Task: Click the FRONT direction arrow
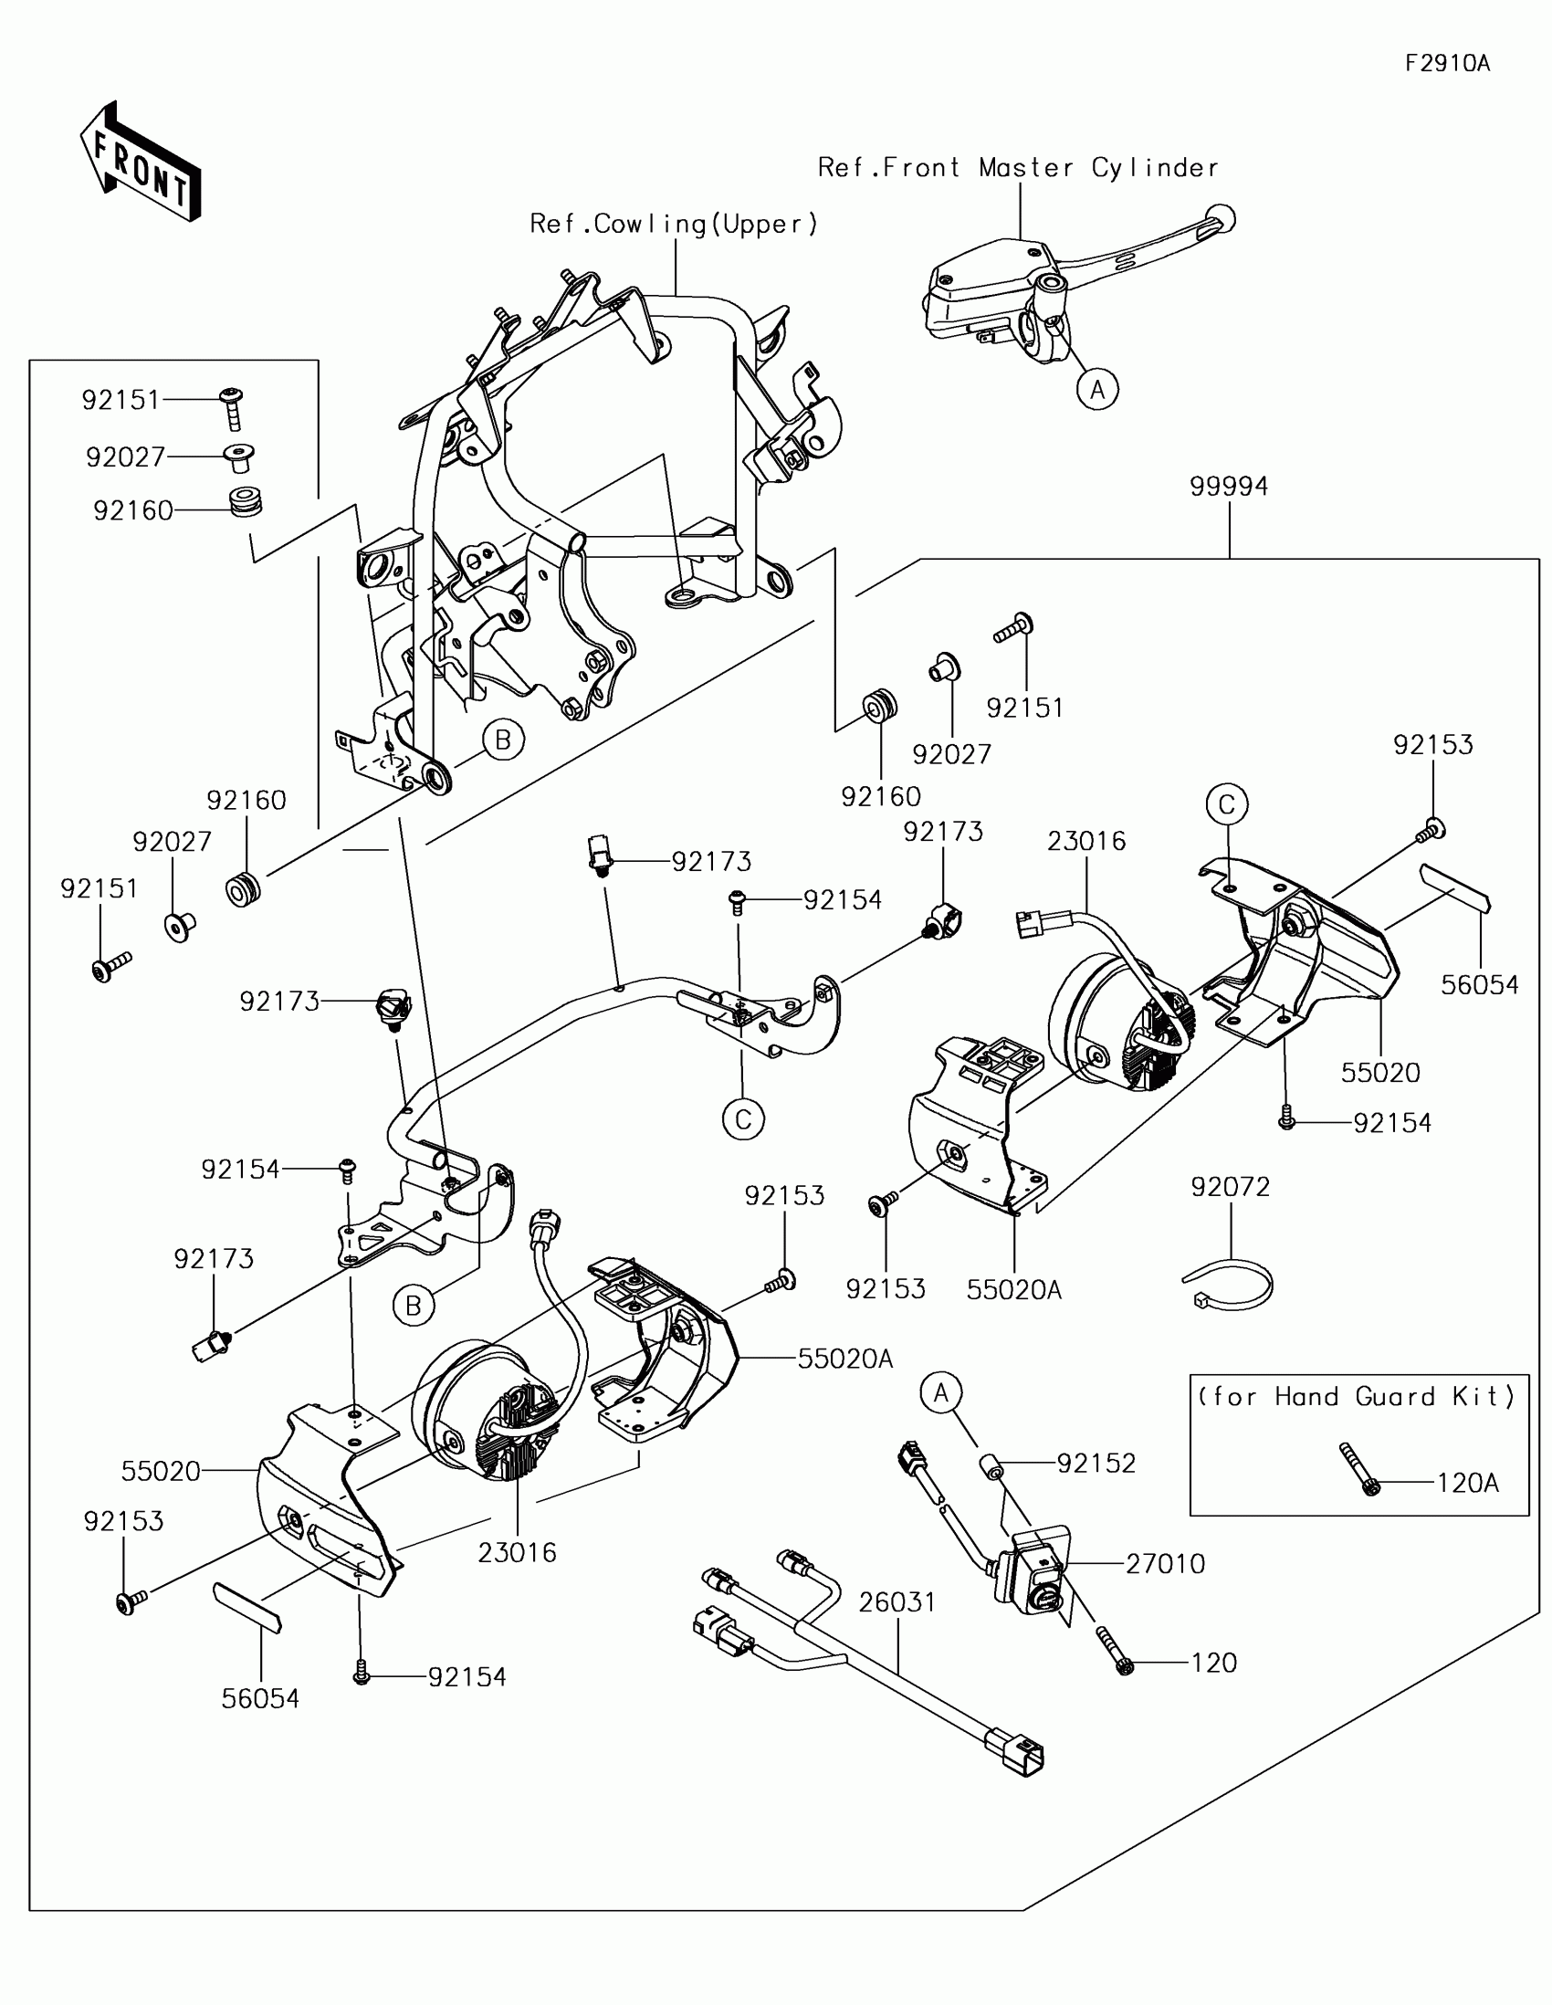point(141,162)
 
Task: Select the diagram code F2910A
point(1447,63)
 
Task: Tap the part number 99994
point(1228,487)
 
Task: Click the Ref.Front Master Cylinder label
point(1018,168)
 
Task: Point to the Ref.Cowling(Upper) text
point(674,225)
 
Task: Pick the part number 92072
point(1230,1187)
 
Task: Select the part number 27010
point(1165,1563)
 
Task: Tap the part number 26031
point(897,1602)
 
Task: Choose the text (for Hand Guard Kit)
point(1357,1396)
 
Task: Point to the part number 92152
point(1096,1464)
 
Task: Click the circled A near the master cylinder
point(1097,390)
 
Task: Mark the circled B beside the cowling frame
point(503,739)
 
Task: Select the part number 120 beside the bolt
point(1213,1663)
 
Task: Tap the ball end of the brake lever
point(1221,218)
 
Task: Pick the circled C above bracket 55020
point(1227,804)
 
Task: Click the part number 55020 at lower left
point(161,1472)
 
